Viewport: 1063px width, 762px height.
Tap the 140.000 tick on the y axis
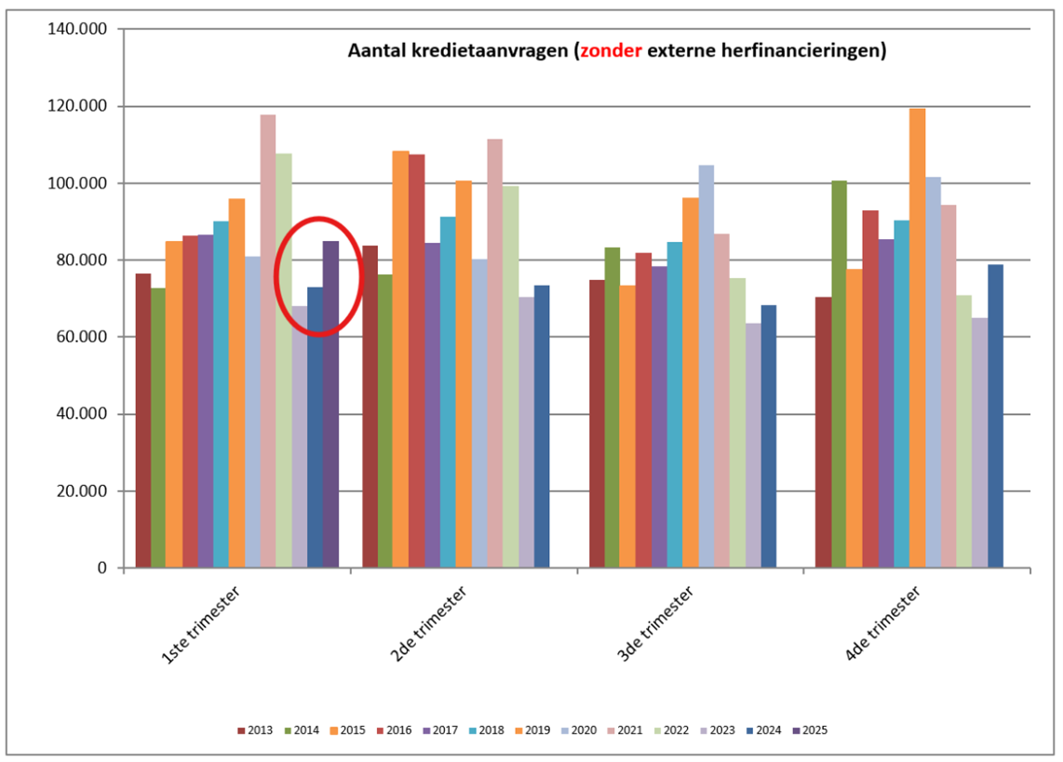(x=81, y=29)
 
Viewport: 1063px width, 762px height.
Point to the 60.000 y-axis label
(x=81, y=337)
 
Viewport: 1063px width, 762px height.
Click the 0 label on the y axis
(x=101, y=568)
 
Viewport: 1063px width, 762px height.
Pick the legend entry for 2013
(x=255, y=730)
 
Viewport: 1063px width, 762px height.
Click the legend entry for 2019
(x=531, y=730)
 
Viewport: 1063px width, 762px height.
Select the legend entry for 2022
(x=669, y=730)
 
